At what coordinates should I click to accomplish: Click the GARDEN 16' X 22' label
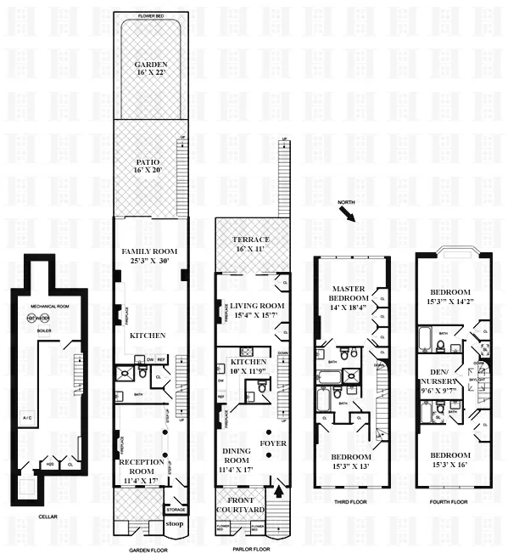pos(150,69)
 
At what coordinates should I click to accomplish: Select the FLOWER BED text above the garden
pos(150,16)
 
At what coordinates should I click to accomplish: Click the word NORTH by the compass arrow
pos(345,202)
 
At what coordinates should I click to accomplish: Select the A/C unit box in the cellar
pos(27,421)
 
